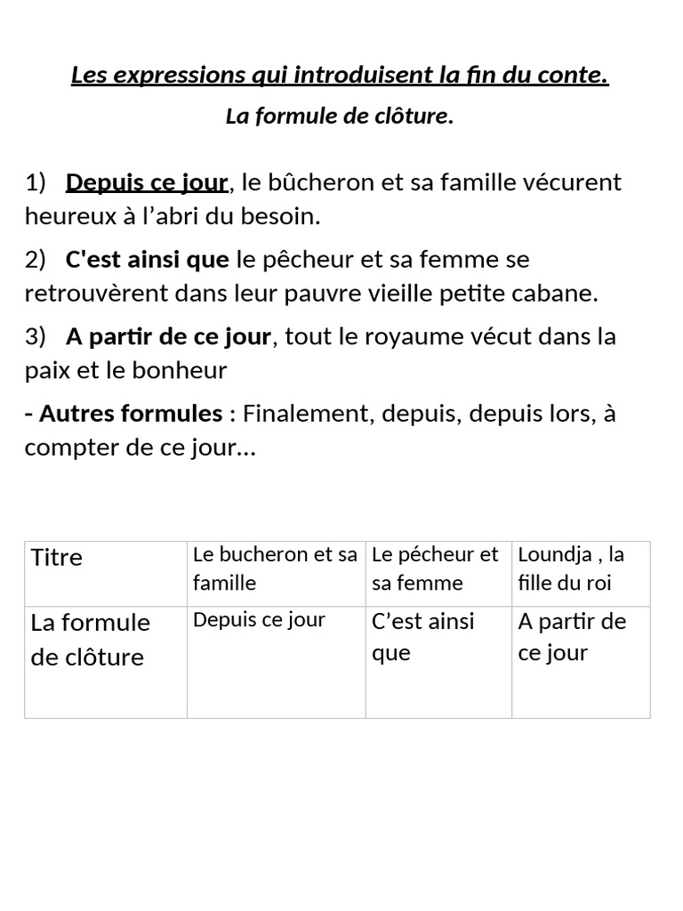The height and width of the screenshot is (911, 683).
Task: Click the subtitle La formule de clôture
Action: (x=340, y=117)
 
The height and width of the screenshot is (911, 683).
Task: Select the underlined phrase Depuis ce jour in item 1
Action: (x=147, y=183)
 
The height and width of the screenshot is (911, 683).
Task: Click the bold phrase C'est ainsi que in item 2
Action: (x=147, y=260)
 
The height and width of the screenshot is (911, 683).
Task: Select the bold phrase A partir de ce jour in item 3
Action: (x=168, y=337)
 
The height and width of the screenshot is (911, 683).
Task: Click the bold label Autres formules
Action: (x=130, y=414)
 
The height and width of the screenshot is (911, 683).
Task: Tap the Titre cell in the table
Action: (x=57, y=558)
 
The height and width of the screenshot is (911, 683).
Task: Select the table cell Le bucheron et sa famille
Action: (x=275, y=568)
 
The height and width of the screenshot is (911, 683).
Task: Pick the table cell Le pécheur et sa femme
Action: (x=436, y=568)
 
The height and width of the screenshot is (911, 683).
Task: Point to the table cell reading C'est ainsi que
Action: (x=423, y=637)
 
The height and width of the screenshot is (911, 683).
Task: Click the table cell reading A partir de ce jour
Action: (x=572, y=637)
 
